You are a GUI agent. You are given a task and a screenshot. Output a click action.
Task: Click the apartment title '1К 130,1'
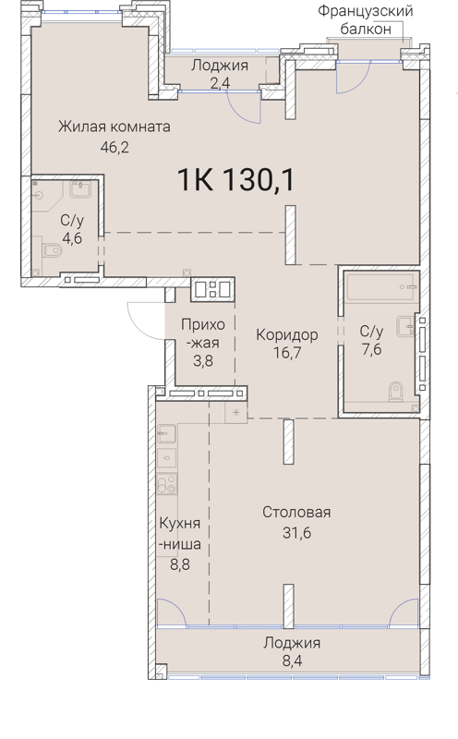tap(235, 180)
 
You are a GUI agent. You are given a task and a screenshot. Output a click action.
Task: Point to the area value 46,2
tap(114, 145)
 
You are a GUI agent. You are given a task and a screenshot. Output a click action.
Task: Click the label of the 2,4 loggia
tap(220, 66)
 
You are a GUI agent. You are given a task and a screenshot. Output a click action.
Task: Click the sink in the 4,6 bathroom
tap(78, 190)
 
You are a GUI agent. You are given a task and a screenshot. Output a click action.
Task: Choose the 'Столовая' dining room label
tap(295, 512)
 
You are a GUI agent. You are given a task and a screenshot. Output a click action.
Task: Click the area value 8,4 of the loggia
tap(291, 661)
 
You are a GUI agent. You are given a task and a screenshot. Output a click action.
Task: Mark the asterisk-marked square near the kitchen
tap(237, 409)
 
